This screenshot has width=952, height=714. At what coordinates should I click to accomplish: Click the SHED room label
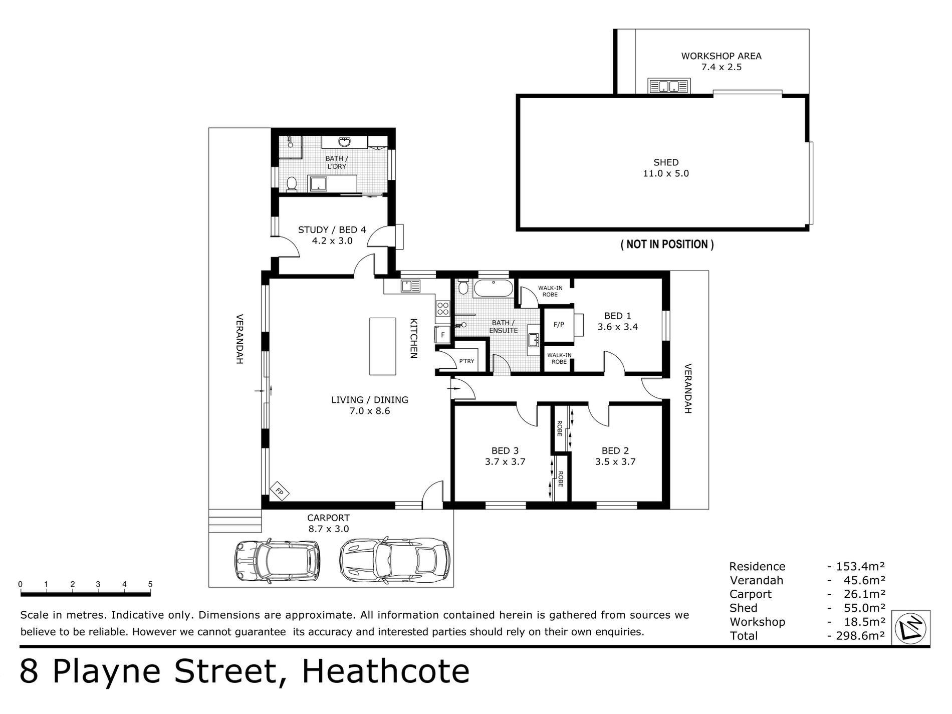click(666, 162)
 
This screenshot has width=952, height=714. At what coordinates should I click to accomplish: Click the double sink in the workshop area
click(669, 86)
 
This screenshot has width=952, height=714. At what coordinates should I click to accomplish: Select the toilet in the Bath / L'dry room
click(291, 184)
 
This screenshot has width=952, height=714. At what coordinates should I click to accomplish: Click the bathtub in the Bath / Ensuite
click(494, 289)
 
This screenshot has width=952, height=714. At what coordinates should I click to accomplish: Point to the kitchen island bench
click(383, 346)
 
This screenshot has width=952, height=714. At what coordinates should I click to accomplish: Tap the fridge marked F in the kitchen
click(442, 335)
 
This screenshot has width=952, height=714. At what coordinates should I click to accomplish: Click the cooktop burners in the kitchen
click(442, 308)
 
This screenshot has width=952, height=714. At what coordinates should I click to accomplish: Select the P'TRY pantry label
click(466, 361)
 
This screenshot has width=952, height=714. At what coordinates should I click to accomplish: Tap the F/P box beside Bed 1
click(559, 325)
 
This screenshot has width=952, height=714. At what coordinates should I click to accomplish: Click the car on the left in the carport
click(278, 560)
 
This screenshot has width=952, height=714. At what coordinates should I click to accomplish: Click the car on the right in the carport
click(394, 560)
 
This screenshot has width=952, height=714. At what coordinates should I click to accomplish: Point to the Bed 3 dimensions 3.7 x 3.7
click(505, 462)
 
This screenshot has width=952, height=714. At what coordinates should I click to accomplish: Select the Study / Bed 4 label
click(332, 230)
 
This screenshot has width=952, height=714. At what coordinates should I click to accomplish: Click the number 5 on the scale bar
click(150, 584)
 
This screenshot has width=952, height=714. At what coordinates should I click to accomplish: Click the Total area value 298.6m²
click(856, 636)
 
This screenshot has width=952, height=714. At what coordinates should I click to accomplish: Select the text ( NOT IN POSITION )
click(667, 245)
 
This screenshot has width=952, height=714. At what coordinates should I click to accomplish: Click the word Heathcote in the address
click(386, 672)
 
